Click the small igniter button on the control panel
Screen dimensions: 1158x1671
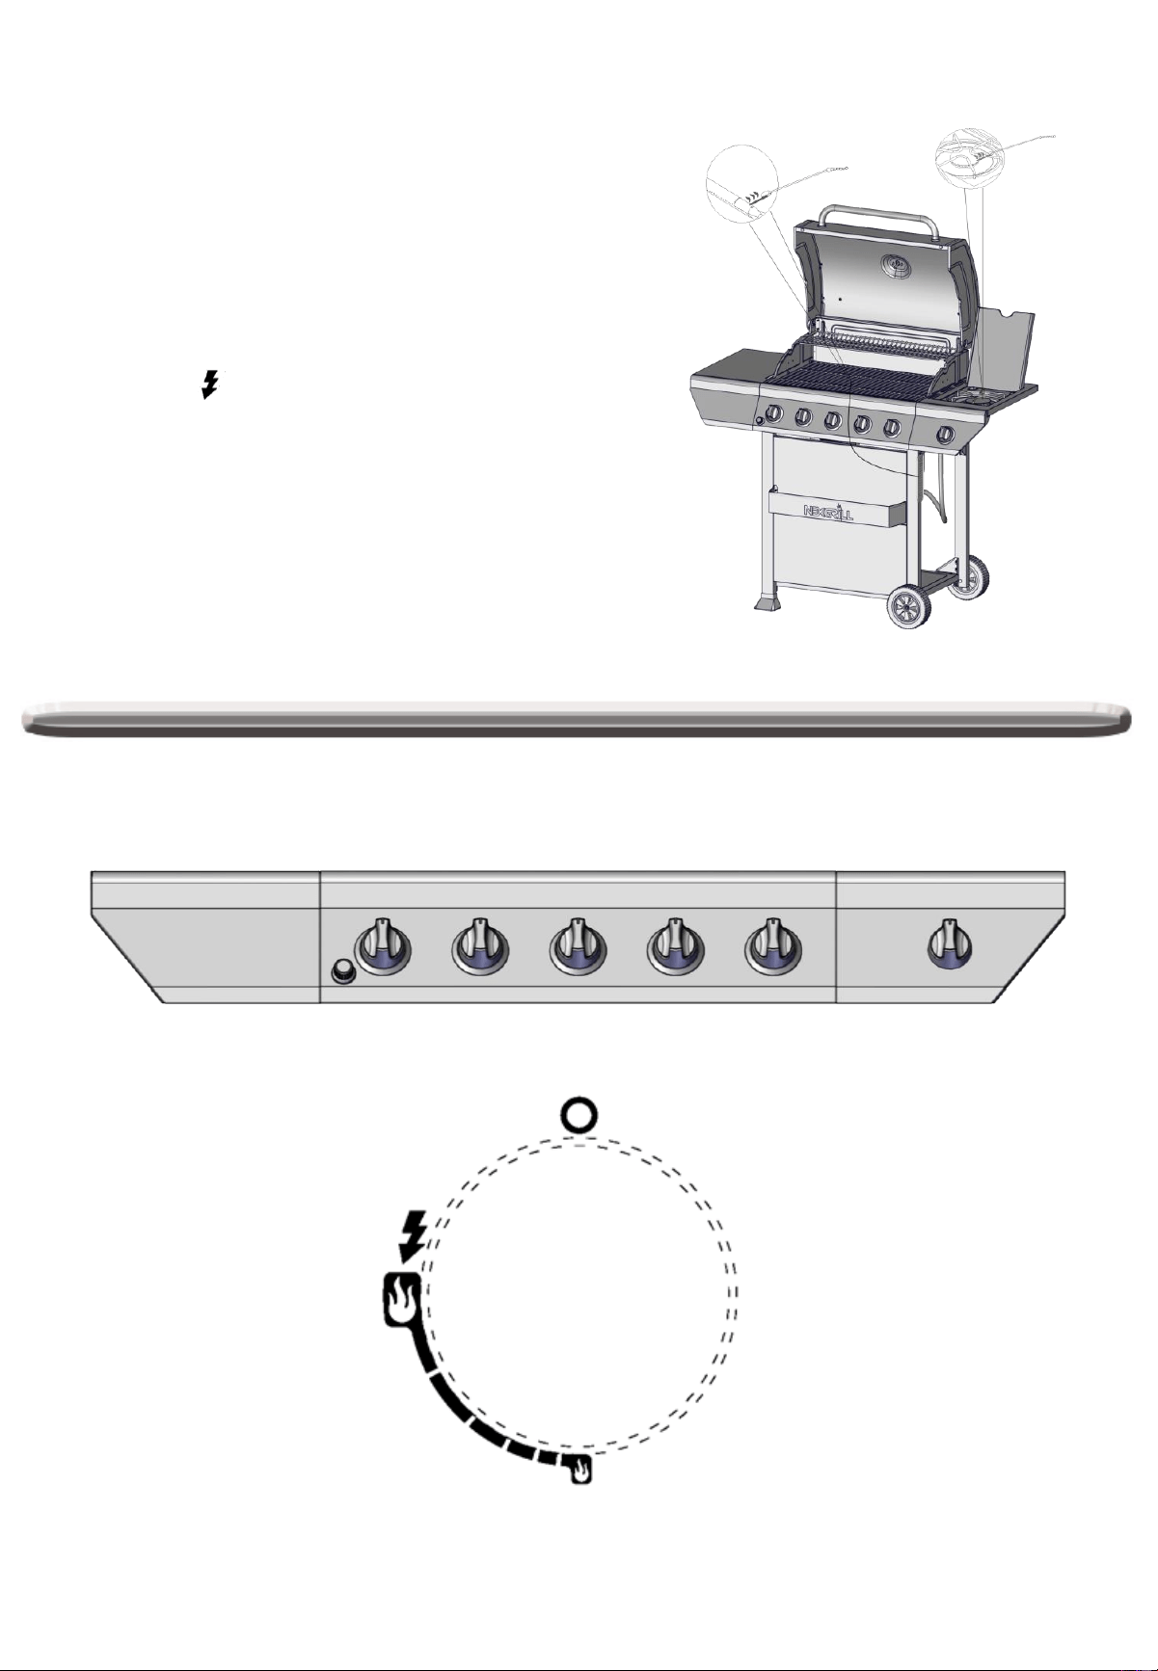(341, 972)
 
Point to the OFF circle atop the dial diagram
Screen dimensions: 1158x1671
(579, 1117)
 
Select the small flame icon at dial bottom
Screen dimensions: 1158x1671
(580, 1471)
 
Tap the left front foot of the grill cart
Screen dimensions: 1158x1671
(768, 603)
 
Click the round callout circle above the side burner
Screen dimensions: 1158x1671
(971, 157)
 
